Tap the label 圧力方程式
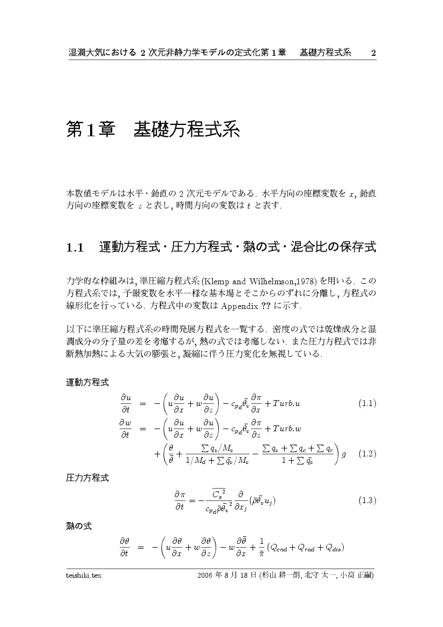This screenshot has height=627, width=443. tap(87, 478)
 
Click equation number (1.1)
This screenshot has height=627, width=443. tap(367, 403)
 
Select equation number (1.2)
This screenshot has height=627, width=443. tap(367, 454)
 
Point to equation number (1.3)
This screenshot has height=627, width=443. tap(367, 500)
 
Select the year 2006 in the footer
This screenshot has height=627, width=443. tap(205, 575)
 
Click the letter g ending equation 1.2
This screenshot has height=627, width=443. tap(344, 454)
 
